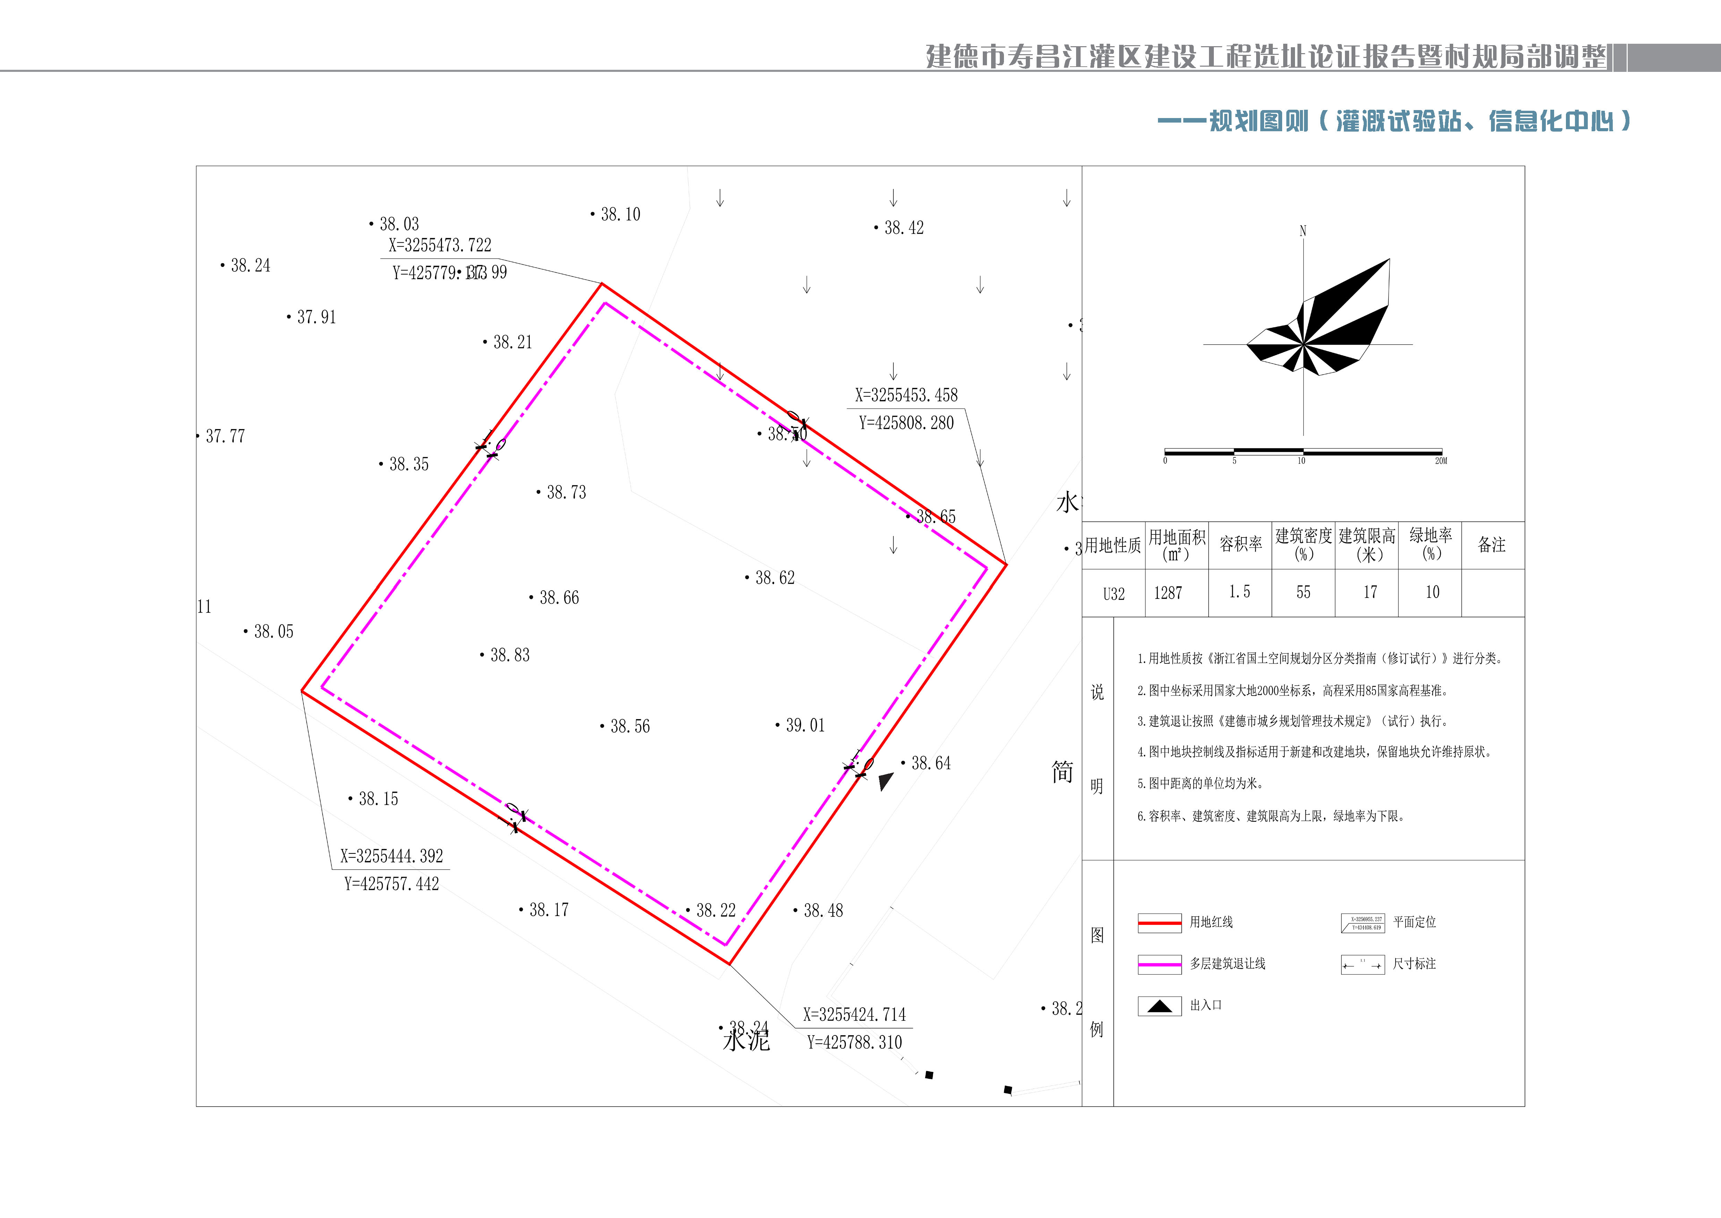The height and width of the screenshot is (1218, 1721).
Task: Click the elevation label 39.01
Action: [804, 725]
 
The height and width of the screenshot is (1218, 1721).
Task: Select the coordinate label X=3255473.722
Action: [440, 245]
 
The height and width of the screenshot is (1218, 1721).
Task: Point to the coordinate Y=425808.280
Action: [906, 423]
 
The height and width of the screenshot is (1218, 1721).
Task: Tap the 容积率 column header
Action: [1241, 544]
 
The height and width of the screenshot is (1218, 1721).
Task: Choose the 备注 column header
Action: [1492, 544]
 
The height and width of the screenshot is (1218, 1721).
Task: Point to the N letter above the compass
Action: [1303, 231]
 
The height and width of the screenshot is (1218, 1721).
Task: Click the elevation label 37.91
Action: [316, 317]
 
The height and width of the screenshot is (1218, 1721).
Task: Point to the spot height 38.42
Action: [903, 228]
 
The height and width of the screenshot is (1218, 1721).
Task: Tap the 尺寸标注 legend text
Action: [1414, 964]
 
